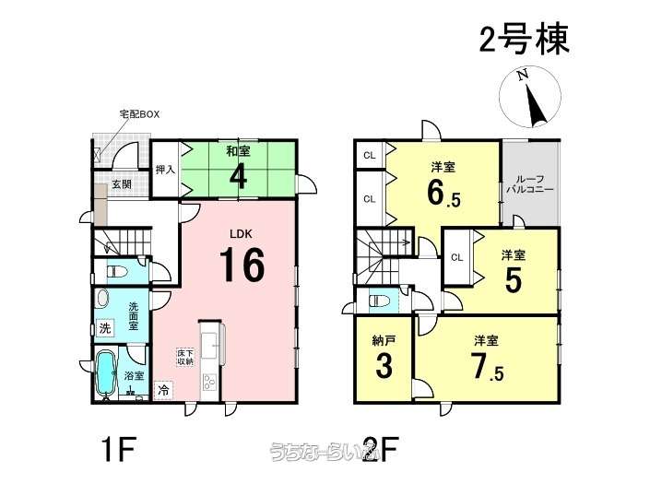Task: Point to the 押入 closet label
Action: point(165,170)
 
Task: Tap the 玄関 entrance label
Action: point(123,184)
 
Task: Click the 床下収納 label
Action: point(185,357)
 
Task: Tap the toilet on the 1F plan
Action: point(117,272)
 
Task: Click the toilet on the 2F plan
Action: point(377,301)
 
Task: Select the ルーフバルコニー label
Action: point(529,182)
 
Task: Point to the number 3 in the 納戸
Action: point(383,365)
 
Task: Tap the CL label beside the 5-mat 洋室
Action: point(456,257)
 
